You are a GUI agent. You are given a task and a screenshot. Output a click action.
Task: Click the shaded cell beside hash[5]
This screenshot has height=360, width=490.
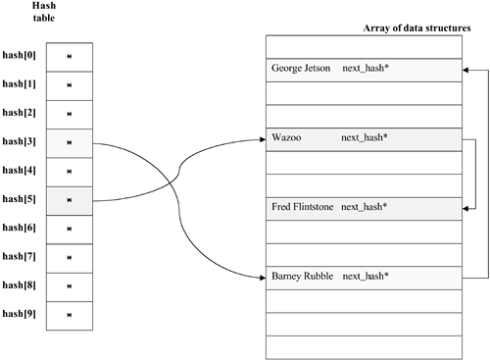point(70,200)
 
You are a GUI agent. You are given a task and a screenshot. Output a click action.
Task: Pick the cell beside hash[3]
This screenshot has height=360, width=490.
point(70,143)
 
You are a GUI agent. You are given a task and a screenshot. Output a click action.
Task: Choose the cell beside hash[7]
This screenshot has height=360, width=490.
point(70,257)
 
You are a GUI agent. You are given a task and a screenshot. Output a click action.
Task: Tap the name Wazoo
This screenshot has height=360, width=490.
point(286,138)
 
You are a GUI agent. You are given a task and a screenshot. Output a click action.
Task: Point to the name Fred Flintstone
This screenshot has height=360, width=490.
point(304,207)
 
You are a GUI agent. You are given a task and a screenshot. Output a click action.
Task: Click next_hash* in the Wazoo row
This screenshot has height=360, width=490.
point(365,138)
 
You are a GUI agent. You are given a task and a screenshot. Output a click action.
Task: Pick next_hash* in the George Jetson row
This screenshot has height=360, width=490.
point(366,70)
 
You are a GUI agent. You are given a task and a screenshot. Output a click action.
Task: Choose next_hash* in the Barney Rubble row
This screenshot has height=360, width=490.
point(366,277)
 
